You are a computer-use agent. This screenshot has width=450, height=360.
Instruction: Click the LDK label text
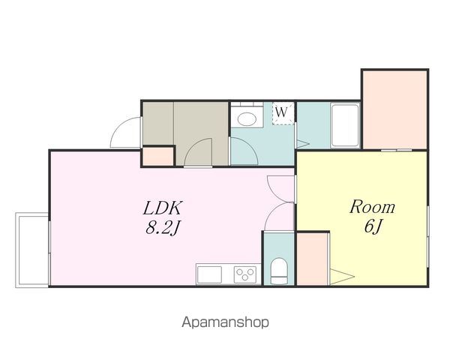tap(163, 208)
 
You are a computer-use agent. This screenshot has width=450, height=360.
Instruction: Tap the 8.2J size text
tap(163, 228)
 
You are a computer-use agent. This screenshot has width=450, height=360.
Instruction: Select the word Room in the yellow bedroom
tap(372, 207)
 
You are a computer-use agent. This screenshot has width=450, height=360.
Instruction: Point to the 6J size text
tap(373, 226)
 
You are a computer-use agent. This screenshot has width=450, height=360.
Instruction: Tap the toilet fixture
tap(279, 271)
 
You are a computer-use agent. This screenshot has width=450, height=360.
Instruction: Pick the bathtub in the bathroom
tap(345, 126)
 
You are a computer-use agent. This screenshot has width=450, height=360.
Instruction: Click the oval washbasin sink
tap(247, 118)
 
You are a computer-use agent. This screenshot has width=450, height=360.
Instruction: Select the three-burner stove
tap(244, 274)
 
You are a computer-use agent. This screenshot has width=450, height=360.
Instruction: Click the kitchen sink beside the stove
tap(209, 274)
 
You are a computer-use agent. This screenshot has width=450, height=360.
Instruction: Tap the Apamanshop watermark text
tap(225, 322)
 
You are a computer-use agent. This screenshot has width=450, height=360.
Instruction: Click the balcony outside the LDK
tap(31, 250)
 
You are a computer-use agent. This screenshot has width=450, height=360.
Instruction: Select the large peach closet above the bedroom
tap(395, 110)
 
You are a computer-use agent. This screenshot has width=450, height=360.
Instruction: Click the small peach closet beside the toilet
tap(312, 259)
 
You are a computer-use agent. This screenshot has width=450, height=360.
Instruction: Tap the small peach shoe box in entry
tap(157, 157)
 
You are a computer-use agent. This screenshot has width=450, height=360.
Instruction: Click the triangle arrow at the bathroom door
tap(303, 143)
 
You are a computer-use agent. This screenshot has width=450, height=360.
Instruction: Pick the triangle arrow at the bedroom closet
tap(342, 277)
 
